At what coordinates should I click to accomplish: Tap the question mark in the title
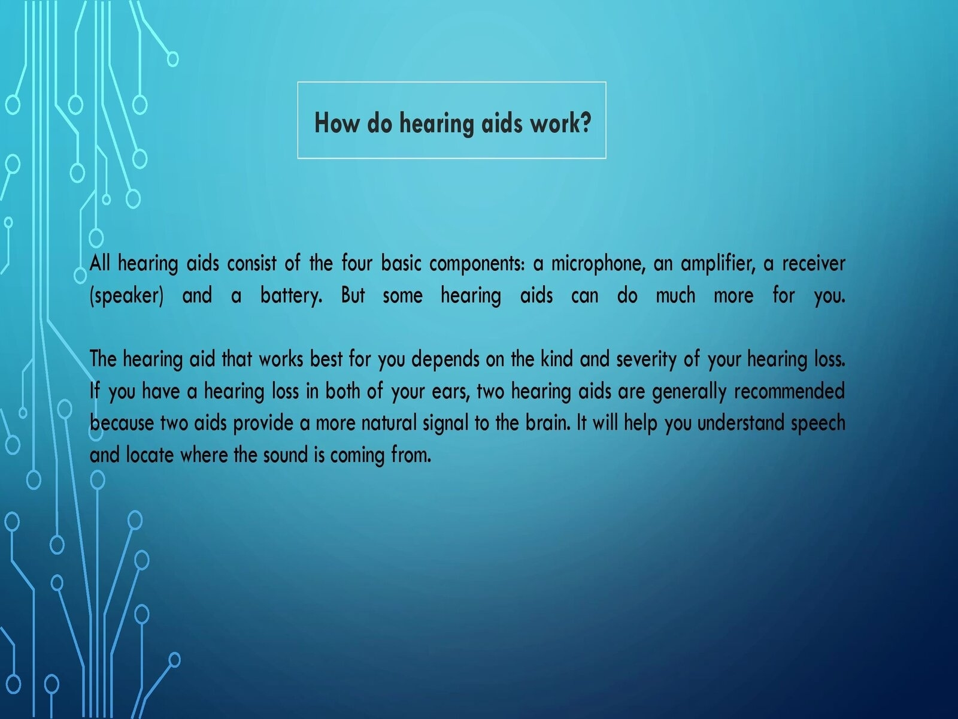coord(586,122)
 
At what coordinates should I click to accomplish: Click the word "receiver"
coord(814,264)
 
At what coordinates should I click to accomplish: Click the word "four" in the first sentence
coord(357,263)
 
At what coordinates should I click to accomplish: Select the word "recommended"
coord(790,391)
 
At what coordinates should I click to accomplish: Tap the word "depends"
coord(445,360)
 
